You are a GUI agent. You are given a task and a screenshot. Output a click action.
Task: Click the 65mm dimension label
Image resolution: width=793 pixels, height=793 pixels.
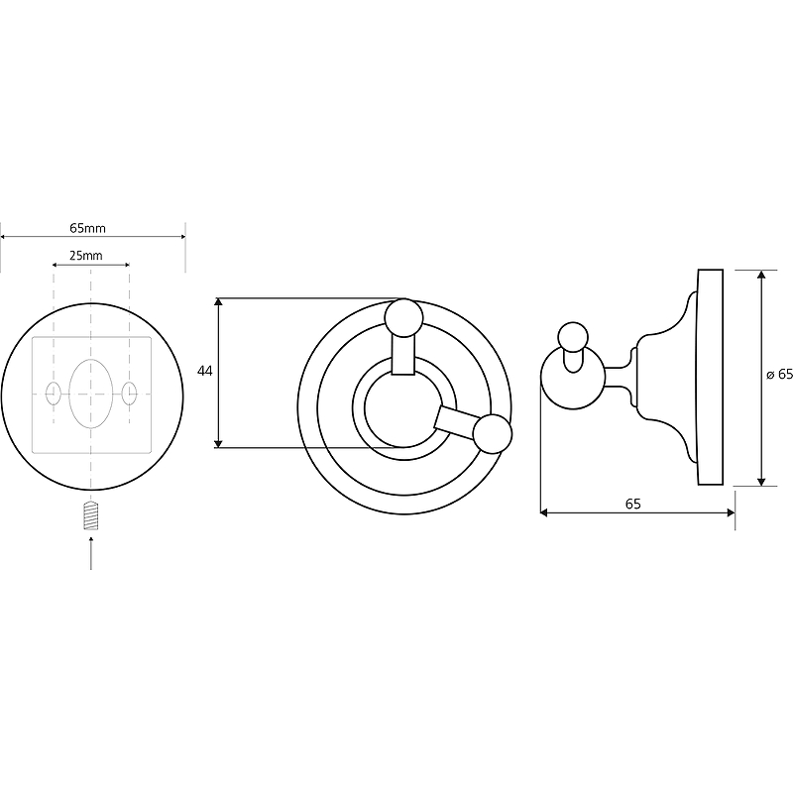tap(87, 228)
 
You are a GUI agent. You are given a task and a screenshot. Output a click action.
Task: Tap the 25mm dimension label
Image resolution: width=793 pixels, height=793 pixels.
tap(86, 256)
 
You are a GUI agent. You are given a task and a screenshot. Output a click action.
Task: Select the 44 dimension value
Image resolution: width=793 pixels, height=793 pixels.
tap(205, 371)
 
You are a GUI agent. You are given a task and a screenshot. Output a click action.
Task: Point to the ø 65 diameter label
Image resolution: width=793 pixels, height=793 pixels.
tap(779, 375)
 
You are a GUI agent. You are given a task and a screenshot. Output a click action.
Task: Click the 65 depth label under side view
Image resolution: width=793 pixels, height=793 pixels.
tap(632, 504)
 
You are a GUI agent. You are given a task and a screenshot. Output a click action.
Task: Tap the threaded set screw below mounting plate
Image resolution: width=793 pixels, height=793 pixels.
tap(91, 515)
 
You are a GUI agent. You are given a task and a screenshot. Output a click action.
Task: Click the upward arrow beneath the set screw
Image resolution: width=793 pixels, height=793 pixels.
tap(91, 553)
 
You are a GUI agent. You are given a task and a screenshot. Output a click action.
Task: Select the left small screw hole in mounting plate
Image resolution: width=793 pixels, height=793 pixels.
tap(54, 394)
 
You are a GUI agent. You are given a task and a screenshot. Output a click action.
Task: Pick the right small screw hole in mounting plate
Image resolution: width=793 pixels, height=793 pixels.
tap(130, 394)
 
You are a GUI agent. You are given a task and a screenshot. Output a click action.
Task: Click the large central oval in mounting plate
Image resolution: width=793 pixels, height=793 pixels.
tap(91, 394)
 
